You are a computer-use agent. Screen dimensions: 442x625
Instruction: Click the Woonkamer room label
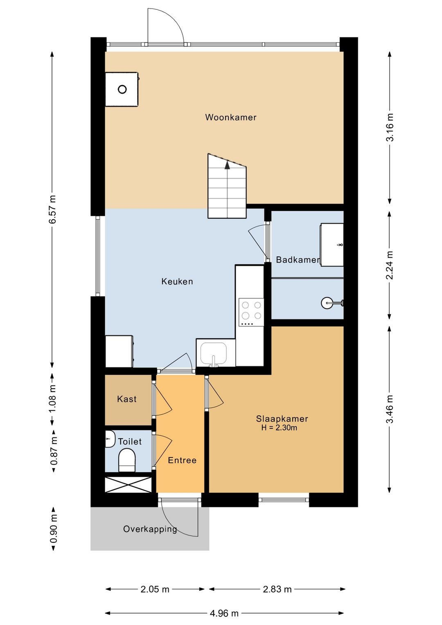click(x=231, y=117)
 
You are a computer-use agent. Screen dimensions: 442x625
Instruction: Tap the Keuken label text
click(x=177, y=281)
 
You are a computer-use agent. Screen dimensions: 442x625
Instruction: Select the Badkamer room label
click(x=298, y=260)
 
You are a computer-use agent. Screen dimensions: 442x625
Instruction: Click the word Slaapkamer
click(x=282, y=419)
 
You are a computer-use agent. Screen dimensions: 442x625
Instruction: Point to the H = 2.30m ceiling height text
click(x=279, y=428)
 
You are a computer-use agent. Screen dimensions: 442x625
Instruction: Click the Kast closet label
click(x=127, y=399)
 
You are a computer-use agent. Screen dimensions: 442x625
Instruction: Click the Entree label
click(x=182, y=460)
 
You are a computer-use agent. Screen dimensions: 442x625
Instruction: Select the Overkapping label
click(x=150, y=529)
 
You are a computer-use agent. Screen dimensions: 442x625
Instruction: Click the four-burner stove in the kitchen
click(x=251, y=312)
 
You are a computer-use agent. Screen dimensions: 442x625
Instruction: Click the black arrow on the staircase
click(x=227, y=165)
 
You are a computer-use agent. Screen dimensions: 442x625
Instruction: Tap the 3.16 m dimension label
click(x=390, y=127)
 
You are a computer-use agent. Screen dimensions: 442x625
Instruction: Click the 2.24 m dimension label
click(x=390, y=265)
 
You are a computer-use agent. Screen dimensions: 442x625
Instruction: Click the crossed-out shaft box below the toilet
click(x=128, y=485)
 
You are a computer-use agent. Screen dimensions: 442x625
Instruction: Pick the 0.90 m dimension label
click(x=54, y=529)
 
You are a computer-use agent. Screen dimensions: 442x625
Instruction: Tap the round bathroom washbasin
click(x=327, y=303)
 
